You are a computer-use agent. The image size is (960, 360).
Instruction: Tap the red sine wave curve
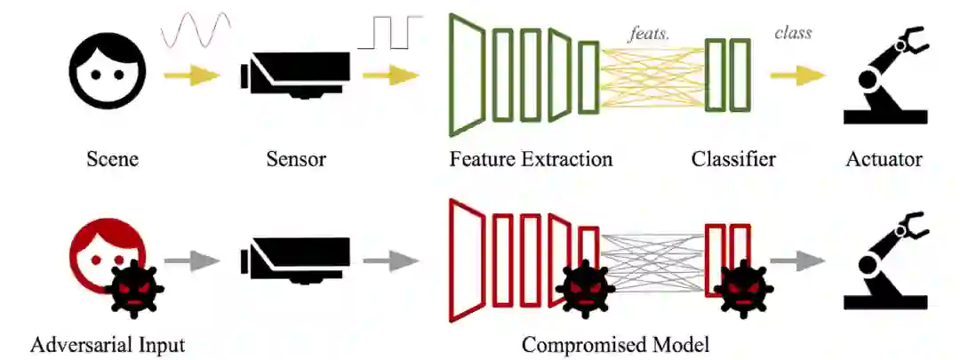196,32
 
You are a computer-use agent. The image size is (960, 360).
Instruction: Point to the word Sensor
296,160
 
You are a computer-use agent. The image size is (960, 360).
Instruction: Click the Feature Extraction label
531,160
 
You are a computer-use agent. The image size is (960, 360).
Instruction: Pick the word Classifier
733,160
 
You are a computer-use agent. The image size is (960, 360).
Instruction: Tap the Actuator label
884,160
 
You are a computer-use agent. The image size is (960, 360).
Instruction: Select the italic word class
793,33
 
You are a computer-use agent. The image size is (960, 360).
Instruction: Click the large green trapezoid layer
467,76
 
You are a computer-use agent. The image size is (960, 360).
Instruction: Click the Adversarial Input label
108,344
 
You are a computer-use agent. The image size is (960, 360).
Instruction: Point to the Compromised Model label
616,344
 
